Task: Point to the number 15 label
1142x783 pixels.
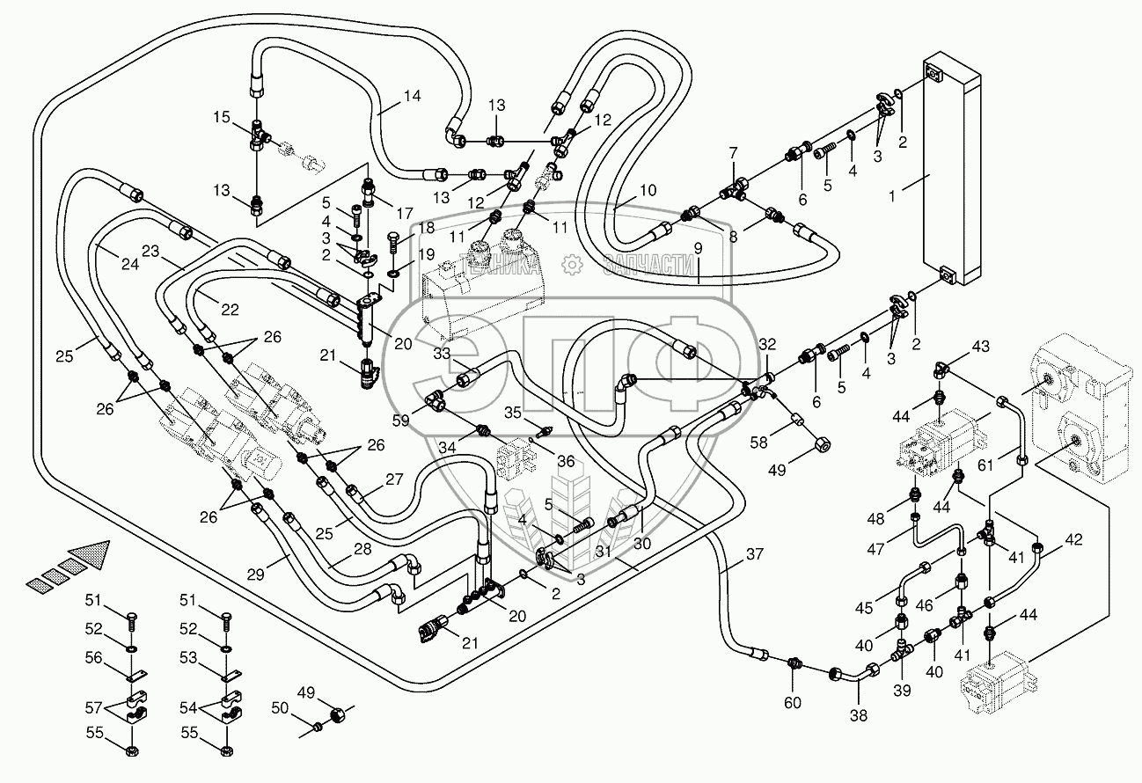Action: pyautogui.click(x=222, y=116)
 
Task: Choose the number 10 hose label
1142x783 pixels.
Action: pyautogui.click(x=648, y=190)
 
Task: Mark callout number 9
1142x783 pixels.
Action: pyautogui.click(x=697, y=249)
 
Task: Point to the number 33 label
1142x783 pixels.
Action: pyautogui.click(x=440, y=354)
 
